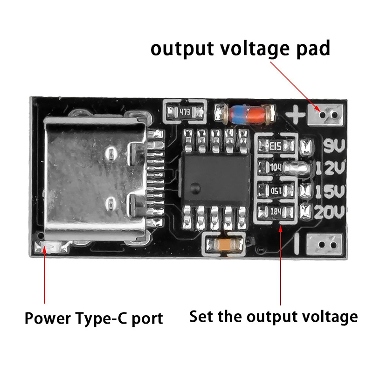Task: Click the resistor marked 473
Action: tap(185, 112)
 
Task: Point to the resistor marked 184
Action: tap(276, 212)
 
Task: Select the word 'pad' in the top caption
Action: tap(313, 48)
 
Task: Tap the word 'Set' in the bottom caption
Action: tap(201, 317)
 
